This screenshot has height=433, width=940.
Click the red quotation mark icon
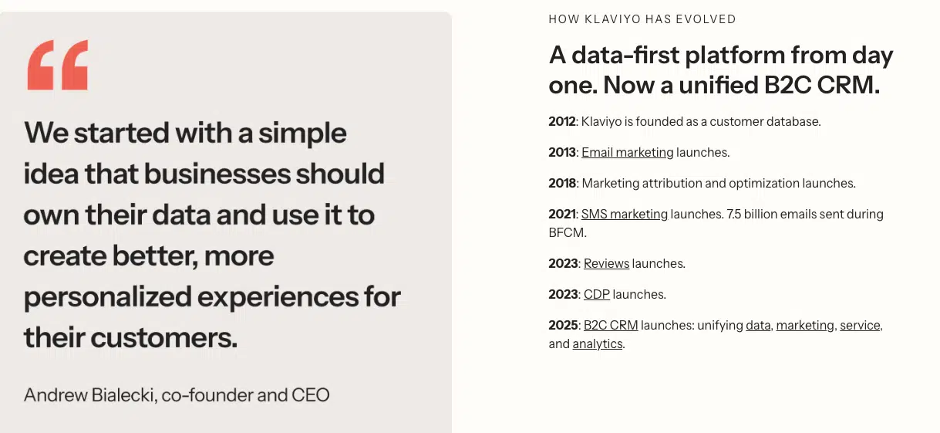tap(58, 65)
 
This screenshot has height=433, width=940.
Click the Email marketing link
tap(628, 153)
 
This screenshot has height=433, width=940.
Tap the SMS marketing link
tap(624, 215)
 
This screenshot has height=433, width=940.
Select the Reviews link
tap(606, 263)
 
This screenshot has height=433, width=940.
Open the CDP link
tap(596, 294)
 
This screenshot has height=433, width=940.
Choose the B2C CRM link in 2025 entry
tap(611, 326)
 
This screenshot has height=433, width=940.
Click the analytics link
tap(597, 344)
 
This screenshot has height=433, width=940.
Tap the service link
tap(860, 326)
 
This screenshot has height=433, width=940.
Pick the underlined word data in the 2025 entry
tap(758, 326)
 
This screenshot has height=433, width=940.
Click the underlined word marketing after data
tap(805, 326)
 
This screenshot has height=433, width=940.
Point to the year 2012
tap(562, 121)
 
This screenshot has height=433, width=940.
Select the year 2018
tap(562, 183)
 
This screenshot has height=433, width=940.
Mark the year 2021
tap(562, 215)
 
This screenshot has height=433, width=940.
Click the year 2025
tap(563, 326)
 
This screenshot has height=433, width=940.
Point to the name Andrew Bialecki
tap(89, 394)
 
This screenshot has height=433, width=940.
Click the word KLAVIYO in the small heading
tap(613, 19)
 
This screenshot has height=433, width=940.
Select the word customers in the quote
tap(164, 337)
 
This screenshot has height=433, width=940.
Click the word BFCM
tap(567, 232)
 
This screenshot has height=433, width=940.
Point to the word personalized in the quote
tap(108, 297)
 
